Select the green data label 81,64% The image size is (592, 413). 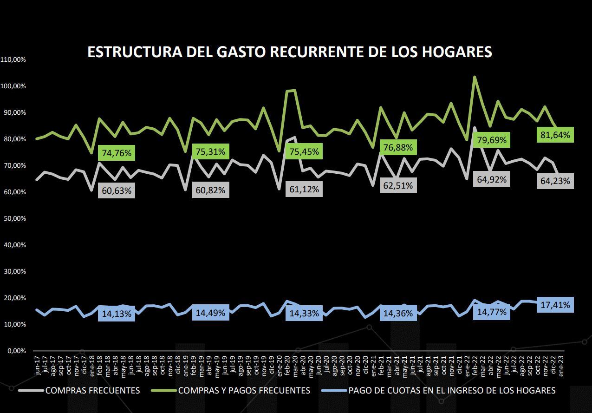(x=555, y=135)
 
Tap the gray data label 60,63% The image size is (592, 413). (x=117, y=190)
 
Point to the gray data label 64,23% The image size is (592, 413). (x=555, y=181)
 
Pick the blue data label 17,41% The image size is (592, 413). (x=555, y=305)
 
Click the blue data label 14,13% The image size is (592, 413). (x=117, y=314)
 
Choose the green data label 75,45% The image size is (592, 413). (x=304, y=152)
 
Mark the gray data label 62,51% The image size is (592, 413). (x=398, y=186)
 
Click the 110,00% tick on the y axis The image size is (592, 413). (x=13, y=60)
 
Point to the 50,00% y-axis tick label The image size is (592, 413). (x=13, y=219)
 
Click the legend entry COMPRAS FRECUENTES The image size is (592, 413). (x=92, y=391)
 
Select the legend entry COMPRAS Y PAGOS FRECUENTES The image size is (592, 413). (x=244, y=391)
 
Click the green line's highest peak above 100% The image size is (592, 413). (x=475, y=77)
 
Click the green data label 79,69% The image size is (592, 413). (x=491, y=140)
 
